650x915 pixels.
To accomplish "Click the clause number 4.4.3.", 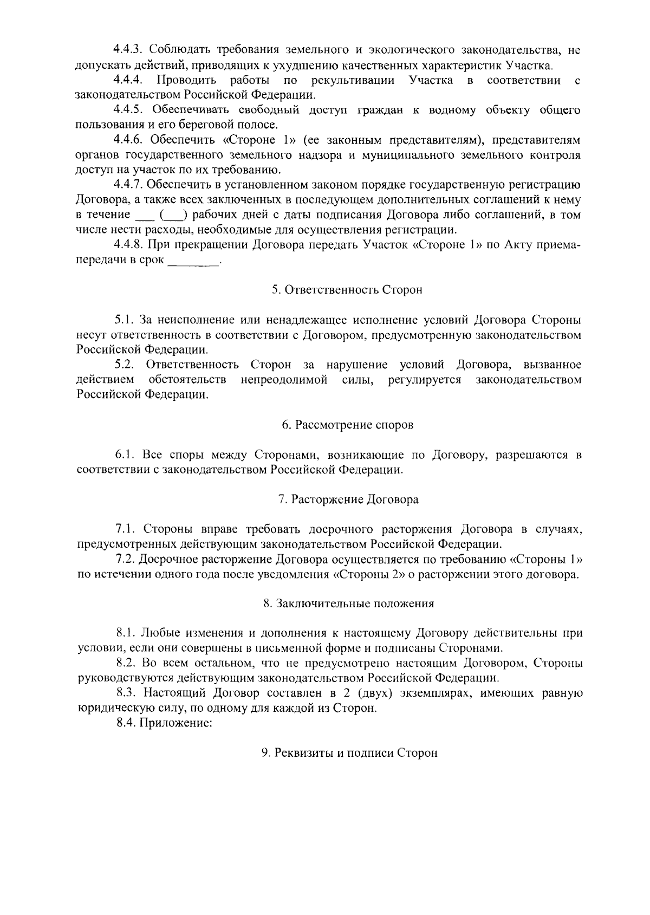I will (129, 50).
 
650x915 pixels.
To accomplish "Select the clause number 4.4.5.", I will (129, 111).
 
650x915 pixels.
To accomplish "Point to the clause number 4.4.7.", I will (129, 185).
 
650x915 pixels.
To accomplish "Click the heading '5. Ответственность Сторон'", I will (347, 290).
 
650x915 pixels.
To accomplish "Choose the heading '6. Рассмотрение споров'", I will (347, 425).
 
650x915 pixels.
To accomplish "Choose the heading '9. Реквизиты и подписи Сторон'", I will (349, 753).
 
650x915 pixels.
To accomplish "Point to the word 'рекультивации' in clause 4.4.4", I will (352, 81).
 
